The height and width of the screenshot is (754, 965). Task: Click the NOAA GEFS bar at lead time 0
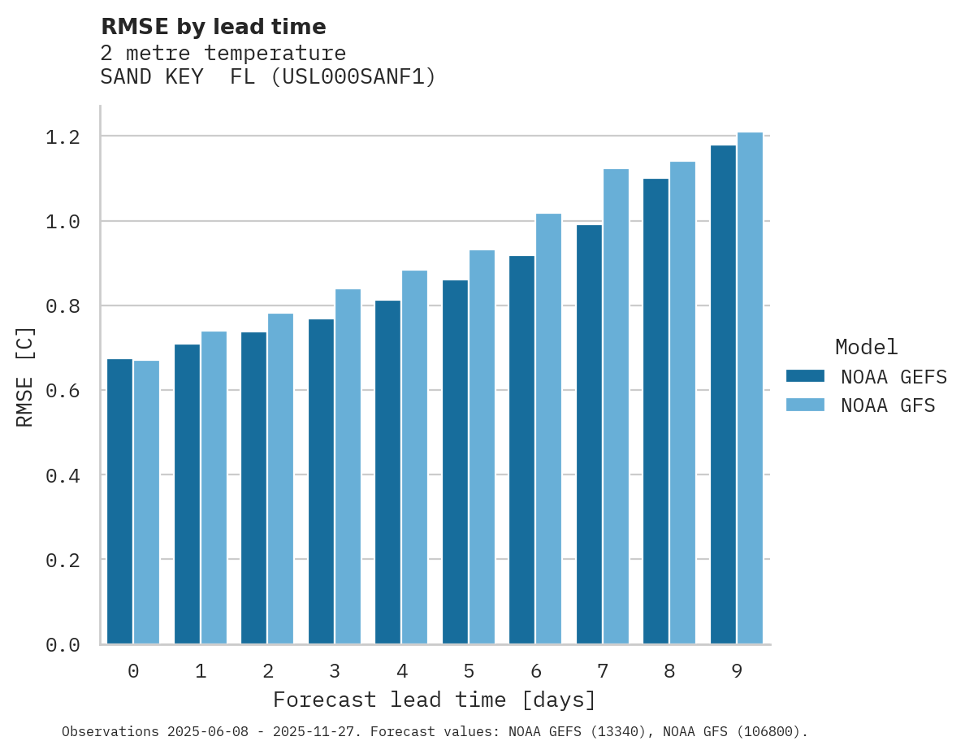pyautogui.click(x=119, y=501)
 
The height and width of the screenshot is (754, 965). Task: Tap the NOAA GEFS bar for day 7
pyautogui.click(x=589, y=435)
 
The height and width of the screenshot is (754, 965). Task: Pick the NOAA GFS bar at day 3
pyautogui.click(x=348, y=467)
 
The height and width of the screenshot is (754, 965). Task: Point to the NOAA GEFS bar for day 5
pyautogui.click(x=455, y=462)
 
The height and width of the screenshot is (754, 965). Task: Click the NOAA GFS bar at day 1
pyautogui.click(x=214, y=487)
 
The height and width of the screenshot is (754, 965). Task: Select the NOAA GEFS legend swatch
pyautogui.click(x=805, y=376)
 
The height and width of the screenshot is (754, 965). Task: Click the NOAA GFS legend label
pyautogui.click(x=888, y=405)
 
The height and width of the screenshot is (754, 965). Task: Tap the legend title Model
pyautogui.click(x=866, y=347)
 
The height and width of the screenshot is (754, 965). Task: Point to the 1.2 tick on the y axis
pyautogui.click(x=63, y=136)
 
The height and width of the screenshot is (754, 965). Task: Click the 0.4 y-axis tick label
pyautogui.click(x=63, y=475)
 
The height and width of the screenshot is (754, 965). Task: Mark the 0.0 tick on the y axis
pyautogui.click(x=63, y=645)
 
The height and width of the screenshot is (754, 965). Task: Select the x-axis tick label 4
pyautogui.click(x=401, y=671)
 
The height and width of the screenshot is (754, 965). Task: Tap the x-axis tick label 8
pyautogui.click(x=669, y=671)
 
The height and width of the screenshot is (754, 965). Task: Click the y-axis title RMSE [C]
pyautogui.click(x=25, y=376)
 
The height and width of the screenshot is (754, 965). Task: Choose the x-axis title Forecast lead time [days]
pyautogui.click(x=435, y=700)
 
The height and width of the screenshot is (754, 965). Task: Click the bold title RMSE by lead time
pyautogui.click(x=213, y=27)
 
